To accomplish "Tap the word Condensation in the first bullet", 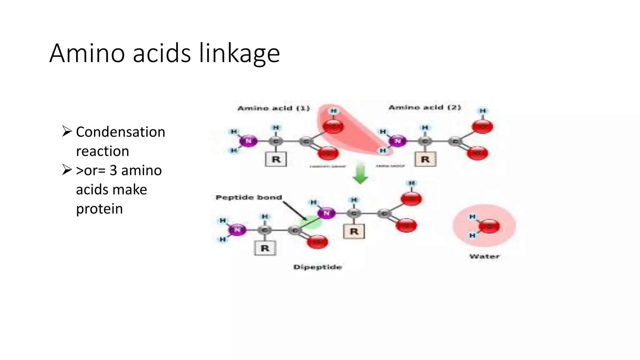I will [120, 132].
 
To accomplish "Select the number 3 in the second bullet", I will [113, 171].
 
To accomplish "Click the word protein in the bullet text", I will [99, 209].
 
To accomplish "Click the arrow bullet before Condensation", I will [67, 131].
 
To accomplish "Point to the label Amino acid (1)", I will [273, 108].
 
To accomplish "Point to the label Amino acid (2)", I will [424, 107].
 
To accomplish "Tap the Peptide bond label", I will [249, 197].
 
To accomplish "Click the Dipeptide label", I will [317, 267].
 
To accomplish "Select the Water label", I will [484, 256].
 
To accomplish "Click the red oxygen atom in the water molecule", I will [489, 226].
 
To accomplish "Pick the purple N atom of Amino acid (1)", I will [248, 141].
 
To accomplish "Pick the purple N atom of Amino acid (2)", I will [397, 141].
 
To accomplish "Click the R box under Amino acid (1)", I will [276, 159].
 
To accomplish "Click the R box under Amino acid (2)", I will [425, 159].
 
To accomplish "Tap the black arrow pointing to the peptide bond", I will [295, 211].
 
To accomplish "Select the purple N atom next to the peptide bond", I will [327, 213].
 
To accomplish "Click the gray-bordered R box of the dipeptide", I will [265, 248].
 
